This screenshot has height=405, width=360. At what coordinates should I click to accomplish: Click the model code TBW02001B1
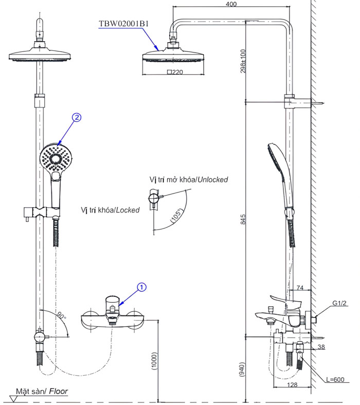click(123, 23)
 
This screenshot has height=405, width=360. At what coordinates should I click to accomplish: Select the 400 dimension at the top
click(231, 4)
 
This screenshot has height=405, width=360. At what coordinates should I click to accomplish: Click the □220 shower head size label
click(175, 73)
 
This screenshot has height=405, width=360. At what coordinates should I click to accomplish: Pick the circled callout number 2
click(76, 118)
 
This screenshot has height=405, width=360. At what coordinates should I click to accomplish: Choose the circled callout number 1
click(142, 286)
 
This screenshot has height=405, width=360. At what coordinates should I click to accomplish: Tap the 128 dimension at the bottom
click(292, 385)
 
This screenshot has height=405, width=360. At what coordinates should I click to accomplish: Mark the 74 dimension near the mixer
click(301, 288)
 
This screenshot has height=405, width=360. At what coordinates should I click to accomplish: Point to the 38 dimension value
click(321, 347)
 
